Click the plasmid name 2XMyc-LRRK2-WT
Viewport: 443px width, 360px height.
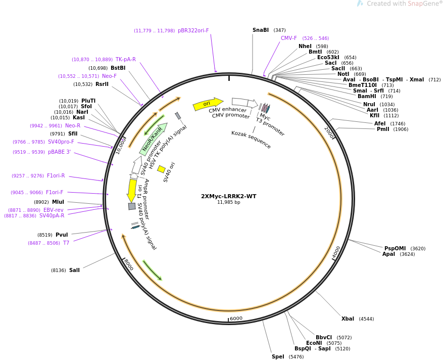tap(228, 196)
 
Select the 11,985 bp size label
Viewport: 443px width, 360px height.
tap(228, 202)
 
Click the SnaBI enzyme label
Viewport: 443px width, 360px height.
tap(261, 30)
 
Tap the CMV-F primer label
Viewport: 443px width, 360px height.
tap(289, 38)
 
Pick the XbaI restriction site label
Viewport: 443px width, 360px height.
tap(348, 319)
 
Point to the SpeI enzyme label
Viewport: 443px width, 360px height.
tap(278, 356)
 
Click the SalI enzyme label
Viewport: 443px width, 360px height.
tap(74, 271)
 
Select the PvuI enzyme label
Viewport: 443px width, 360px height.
tap(62, 235)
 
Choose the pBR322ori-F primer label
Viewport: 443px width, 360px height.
tap(193, 31)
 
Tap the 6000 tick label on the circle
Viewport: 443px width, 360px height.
tap(236, 319)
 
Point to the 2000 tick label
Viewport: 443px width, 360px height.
tap(329, 133)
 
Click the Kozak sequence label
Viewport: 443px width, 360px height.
tap(251, 140)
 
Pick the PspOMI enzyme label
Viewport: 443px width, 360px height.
tap(395, 249)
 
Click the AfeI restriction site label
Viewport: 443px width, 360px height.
tap(380, 123)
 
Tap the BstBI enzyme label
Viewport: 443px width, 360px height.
tap(118, 68)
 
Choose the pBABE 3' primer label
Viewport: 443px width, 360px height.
tap(59, 152)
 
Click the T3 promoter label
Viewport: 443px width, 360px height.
tap(270, 127)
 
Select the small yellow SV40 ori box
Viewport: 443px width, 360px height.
tap(161, 169)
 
